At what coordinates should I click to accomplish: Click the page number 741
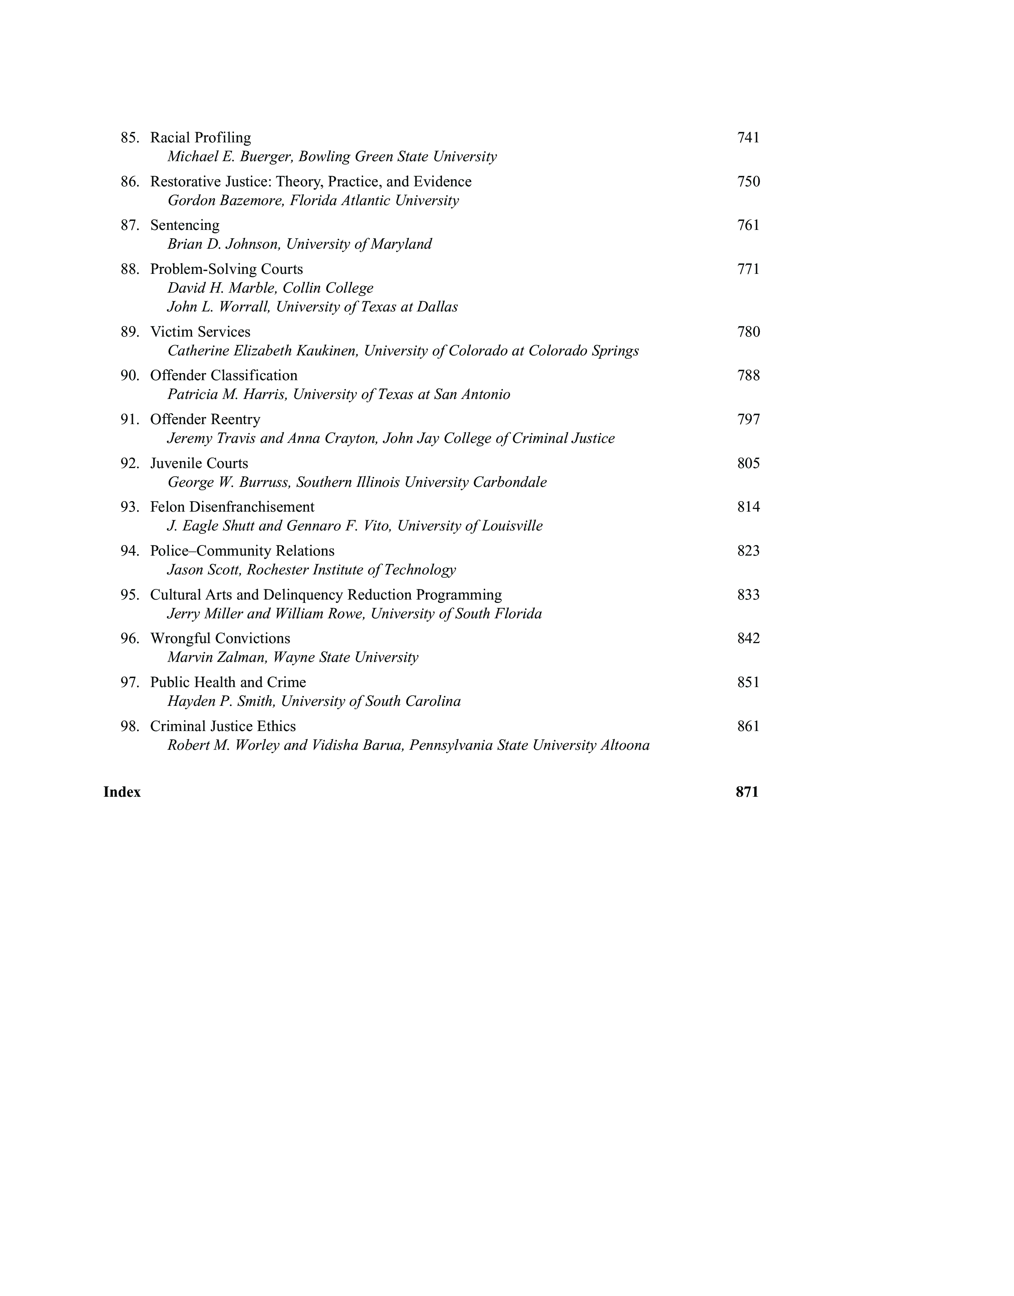point(748,138)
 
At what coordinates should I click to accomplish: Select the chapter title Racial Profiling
point(200,138)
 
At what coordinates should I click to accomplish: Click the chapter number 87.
point(130,226)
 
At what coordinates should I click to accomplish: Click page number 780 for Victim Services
point(748,332)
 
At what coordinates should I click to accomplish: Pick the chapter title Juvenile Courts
point(199,464)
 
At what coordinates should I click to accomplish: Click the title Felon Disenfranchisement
point(232,507)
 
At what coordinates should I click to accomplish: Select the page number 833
point(748,595)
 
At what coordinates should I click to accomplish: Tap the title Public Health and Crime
point(228,683)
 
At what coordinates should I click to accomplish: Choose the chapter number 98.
point(130,727)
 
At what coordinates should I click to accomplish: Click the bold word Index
point(122,792)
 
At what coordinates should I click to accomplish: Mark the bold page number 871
point(747,792)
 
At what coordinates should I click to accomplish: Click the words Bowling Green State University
point(397,157)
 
